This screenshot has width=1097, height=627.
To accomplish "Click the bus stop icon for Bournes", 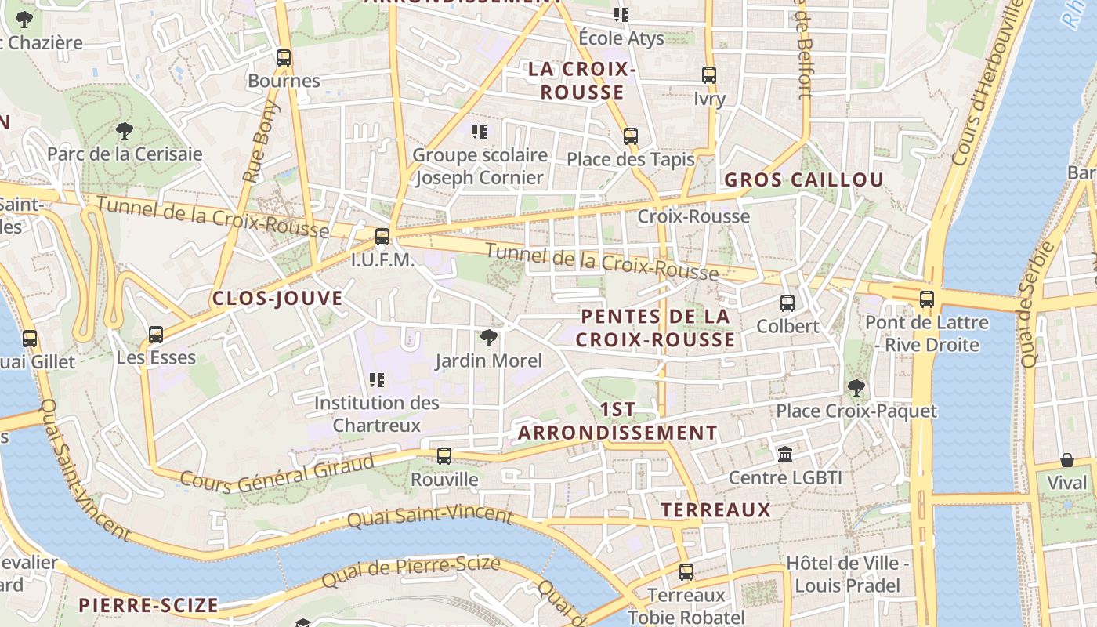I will (x=284, y=58).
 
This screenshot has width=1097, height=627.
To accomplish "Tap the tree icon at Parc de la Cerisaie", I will (x=124, y=130).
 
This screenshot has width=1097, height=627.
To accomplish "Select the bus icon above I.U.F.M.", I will (x=382, y=236).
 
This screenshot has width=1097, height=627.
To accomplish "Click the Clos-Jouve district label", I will (x=277, y=299).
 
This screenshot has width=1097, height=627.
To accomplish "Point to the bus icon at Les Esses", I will (x=156, y=335).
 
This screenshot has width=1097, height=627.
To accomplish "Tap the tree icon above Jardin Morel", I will (x=489, y=338).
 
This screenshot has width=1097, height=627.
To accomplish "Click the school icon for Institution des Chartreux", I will (x=377, y=380).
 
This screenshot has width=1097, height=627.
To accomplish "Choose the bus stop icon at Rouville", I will (x=444, y=456).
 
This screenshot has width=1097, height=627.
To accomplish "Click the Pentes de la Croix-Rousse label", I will (x=657, y=328).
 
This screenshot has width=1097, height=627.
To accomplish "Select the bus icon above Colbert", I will (x=787, y=303).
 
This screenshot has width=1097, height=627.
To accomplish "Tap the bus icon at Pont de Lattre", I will (x=927, y=299).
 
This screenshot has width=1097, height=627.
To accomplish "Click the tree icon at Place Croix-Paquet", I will (x=856, y=387).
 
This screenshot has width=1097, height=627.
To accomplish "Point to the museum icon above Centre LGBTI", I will (x=785, y=455).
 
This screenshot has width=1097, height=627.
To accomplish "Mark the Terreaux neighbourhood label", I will (x=716, y=510).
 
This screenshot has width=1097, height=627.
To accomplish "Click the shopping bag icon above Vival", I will (x=1067, y=460).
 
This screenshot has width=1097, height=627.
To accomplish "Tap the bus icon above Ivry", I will (x=709, y=75).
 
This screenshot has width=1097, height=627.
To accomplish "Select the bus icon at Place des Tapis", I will (x=631, y=136).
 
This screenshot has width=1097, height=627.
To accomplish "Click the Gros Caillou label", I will (x=804, y=180).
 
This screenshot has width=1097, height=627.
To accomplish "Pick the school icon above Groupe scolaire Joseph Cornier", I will (x=480, y=132).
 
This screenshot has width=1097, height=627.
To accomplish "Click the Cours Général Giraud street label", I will (x=277, y=469).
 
